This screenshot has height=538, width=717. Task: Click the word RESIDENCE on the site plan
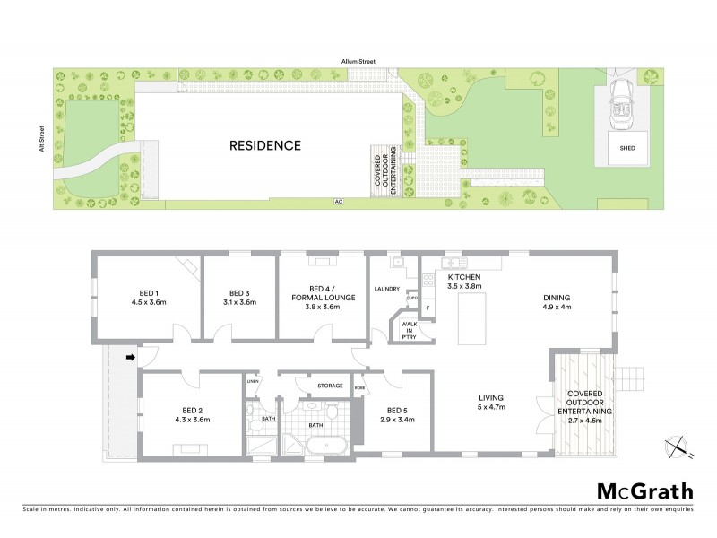[x=264, y=145]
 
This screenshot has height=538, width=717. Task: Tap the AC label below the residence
[x=338, y=202]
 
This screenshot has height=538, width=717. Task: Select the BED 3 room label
[x=238, y=298]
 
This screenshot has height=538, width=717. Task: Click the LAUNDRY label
[x=387, y=289]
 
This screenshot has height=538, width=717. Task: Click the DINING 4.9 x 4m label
[x=557, y=302]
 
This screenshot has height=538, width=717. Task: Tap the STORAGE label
[x=331, y=386]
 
